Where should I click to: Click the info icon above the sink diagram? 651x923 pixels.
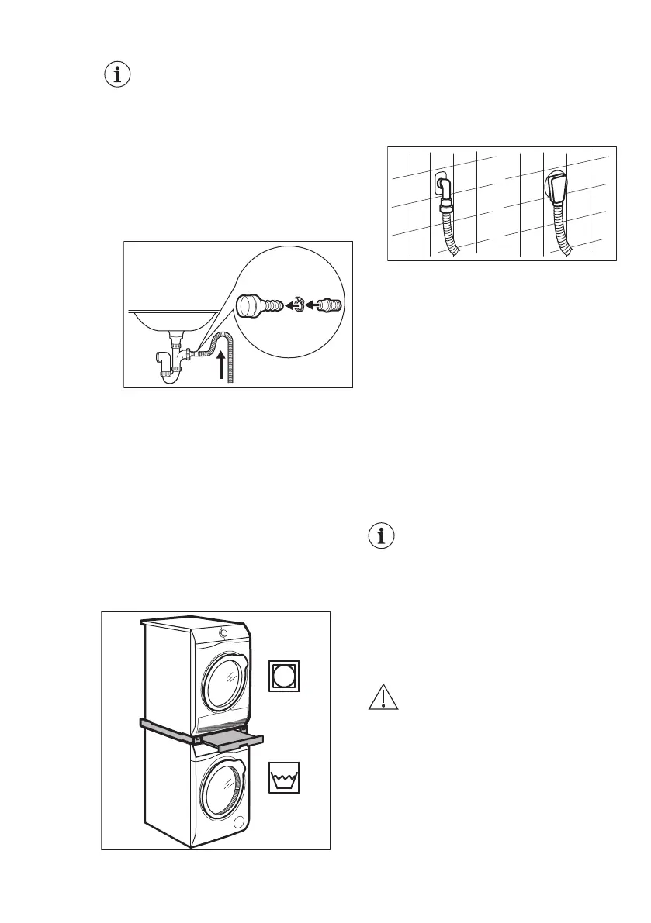click(x=117, y=76)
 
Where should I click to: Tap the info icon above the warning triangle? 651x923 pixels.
click(x=381, y=536)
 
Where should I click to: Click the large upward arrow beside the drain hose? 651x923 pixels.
click(x=224, y=363)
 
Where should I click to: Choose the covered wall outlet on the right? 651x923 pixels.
click(x=557, y=186)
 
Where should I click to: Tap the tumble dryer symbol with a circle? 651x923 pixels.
click(x=285, y=676)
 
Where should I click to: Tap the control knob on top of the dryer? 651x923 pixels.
click(x=224, y=632)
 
